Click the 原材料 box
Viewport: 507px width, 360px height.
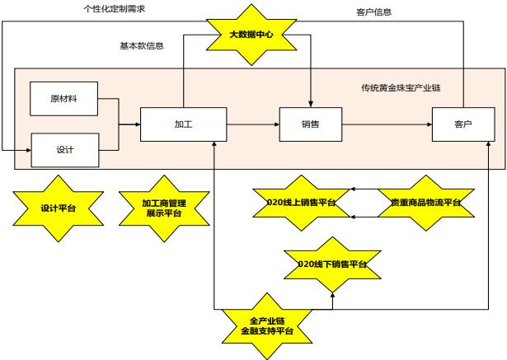tap(63, 99)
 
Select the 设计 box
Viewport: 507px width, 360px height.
tap(65, 149)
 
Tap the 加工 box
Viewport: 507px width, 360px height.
tap(183, 124)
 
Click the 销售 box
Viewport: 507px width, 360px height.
tap(310, 124)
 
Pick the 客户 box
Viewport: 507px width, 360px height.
tap(462, 124)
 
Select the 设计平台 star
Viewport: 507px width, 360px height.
tap(58, 208)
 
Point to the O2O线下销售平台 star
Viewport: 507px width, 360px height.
tap(332, 264)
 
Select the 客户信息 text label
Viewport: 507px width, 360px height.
tap(373, 12)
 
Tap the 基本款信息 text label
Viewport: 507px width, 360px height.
tap(141, 46)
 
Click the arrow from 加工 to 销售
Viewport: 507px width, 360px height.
tap(252, 124)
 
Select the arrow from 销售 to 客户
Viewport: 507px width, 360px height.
tap(387, 124)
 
